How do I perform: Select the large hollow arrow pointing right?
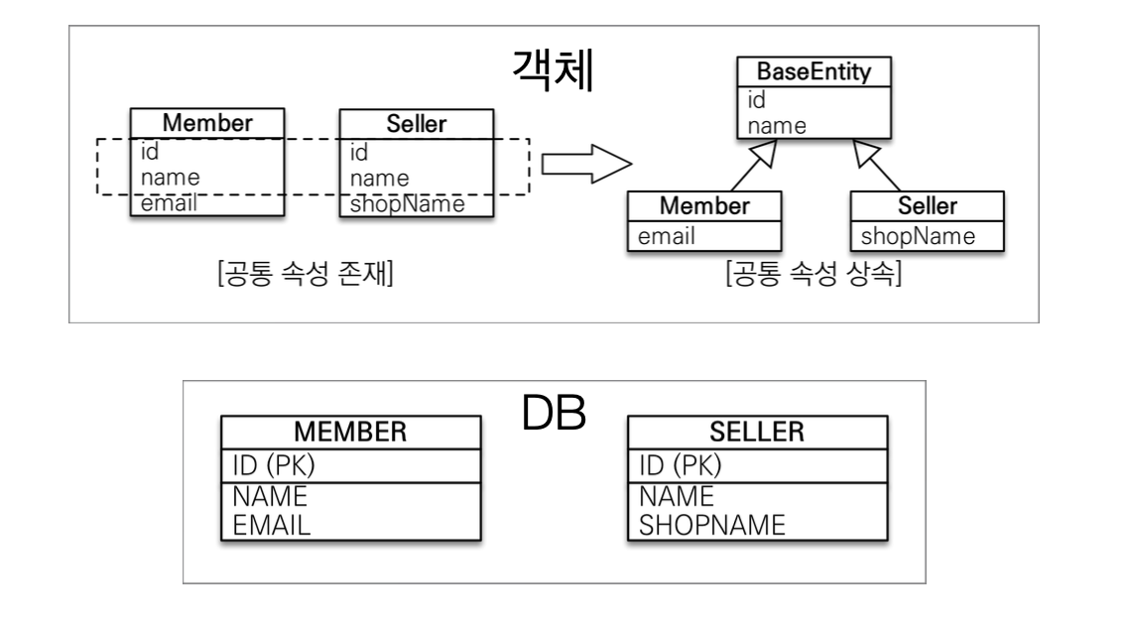point(588,168)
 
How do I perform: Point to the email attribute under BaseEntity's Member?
point(666,236)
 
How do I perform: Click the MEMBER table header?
point(349,434)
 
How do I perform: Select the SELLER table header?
point(757,434)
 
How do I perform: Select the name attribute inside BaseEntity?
point(769,126)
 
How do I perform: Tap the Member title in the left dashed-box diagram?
point(208,124)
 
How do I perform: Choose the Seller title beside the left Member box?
point(417,124)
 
